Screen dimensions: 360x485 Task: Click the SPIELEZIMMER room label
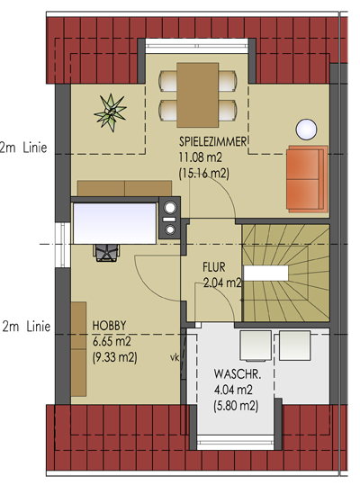click(x=212, y=141)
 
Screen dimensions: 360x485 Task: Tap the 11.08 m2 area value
click(x=201, y=157)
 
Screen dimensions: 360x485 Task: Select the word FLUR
click(x=214, y=267)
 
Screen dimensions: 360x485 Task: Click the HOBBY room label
click(x=110, y=326)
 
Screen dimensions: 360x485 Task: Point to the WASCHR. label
click(x=238, y=374)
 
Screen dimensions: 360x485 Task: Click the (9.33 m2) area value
click(x=114, y=357)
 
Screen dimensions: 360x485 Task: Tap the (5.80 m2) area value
click(x=236, y=406)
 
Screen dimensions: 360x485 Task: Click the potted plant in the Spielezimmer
click(x=111, y=112)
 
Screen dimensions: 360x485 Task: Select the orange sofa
click(x=307, y=179)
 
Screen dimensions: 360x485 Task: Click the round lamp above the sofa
click(x=306, y=130)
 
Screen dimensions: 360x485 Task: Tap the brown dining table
click(x=198, y=95)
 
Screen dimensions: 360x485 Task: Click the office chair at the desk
click(x=106, y=252)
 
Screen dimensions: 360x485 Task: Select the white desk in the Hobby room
click(x=114, y=223)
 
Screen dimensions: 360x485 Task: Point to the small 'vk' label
click(x=175, y=358)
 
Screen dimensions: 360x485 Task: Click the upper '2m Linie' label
click(x=23, y=148)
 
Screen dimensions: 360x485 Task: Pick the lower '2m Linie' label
click(x=26, y=327)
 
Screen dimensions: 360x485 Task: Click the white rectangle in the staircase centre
click(x=265, y=274)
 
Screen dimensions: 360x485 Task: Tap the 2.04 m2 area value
click(x=222, y=283)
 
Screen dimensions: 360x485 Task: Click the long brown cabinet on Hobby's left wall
click(x=78, y=349)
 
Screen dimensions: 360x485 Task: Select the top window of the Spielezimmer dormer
click(x=197, y=46)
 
